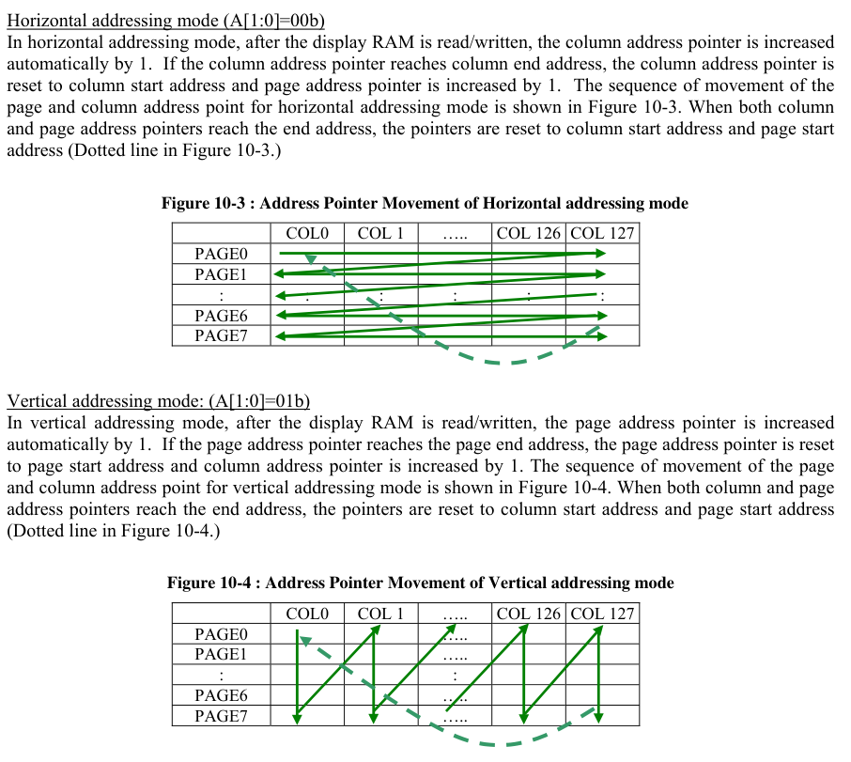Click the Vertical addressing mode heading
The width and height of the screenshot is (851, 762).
click(x=159, y=401)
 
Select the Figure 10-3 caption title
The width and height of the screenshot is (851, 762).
click(x=425, y=203)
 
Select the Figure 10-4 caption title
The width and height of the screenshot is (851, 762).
click(x=420, y=583)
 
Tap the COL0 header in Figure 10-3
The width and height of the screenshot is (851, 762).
click(x=307, y=233)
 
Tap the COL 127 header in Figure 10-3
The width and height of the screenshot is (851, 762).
click(x=602, y=233)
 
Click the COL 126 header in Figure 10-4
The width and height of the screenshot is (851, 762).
click(x=529, y=614)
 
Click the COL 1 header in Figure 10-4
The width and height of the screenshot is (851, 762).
click(x=380, y=614)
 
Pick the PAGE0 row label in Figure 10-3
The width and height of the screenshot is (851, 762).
click(x=221, y=254)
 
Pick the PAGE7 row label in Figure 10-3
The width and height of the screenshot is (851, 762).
click(x=221, y=335)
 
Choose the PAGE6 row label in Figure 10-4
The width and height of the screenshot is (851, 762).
click(x=221, y=695)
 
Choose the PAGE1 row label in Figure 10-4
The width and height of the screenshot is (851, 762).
click(x=221, y=654)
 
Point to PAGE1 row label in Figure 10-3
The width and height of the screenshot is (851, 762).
click(x=221, y=274)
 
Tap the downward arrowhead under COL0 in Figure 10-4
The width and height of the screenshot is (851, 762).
click(x=297, y=718)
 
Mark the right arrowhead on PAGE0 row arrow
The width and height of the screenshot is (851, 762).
click(x=600, y=254)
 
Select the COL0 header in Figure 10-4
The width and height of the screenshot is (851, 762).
click(x=307, y=614)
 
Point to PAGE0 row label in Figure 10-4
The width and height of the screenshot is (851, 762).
click(x=221, y=634)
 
